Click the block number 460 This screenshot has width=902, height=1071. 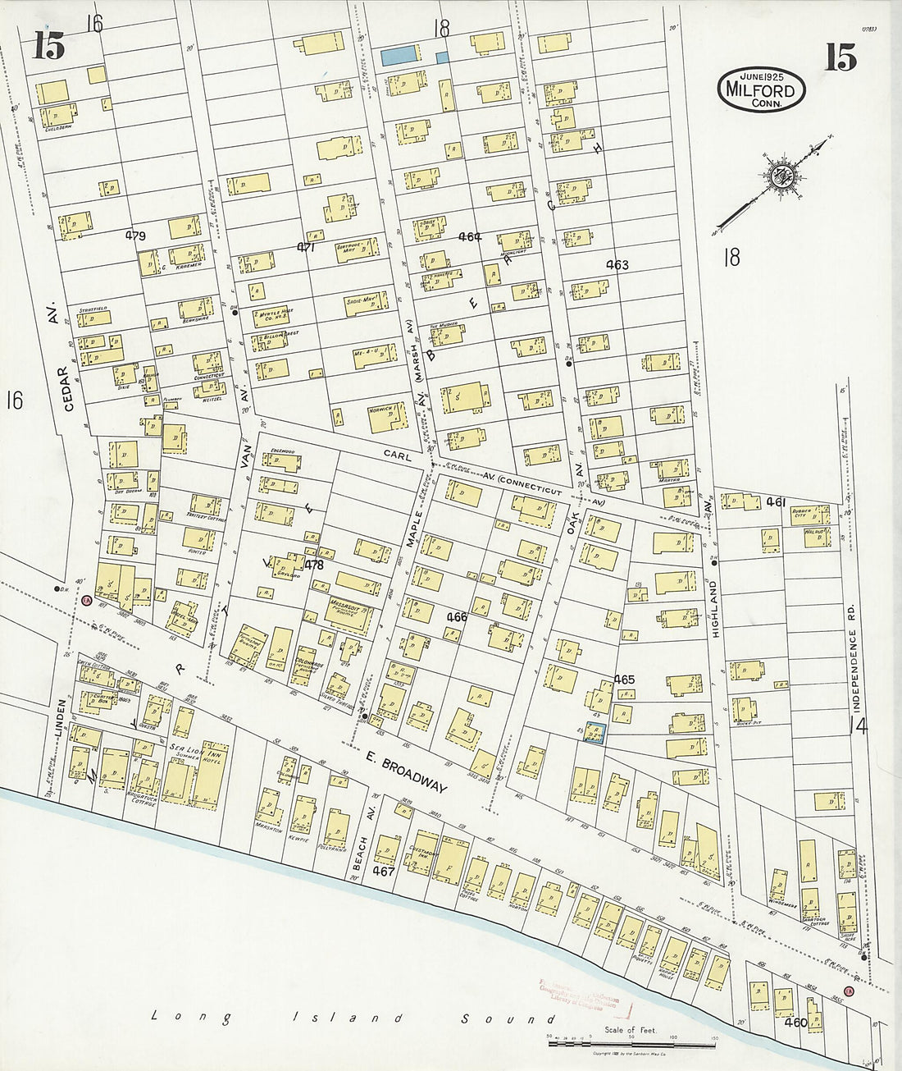[796, 1023]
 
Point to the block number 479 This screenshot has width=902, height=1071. [135, 236]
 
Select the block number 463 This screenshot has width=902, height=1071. [617, 264]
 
